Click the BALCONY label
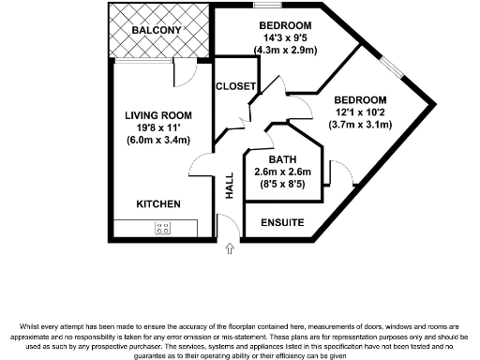pos(157,31)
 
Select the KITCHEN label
pos(157,203)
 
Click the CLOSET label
pos(235,86)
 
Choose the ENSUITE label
pos(281,223)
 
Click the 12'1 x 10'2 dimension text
pos(360,112)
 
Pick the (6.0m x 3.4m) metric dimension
pos(157,141)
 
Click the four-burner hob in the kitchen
pos(162,227)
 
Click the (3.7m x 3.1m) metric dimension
pos(360,125)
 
